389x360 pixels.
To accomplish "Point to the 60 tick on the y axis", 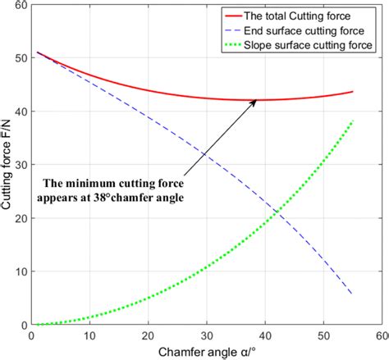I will coord(19,6).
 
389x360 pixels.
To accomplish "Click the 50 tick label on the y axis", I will coord(19,58).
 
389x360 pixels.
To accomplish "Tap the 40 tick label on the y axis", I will coord(19,112).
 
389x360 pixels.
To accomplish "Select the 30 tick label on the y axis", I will coord(19,165).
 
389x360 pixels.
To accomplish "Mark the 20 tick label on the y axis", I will coord(19,218).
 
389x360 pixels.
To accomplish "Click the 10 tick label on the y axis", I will coord(19,271).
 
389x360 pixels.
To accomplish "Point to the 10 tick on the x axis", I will coord(89,335).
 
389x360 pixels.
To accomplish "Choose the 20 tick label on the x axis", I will coord(148,335).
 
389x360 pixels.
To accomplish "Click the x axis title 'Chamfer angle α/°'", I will coord(206,351).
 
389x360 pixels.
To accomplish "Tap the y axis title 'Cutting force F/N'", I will coord(7,165).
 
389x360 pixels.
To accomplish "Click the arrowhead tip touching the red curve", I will coord(257,100).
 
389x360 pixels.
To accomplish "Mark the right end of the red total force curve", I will coord(352,92).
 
